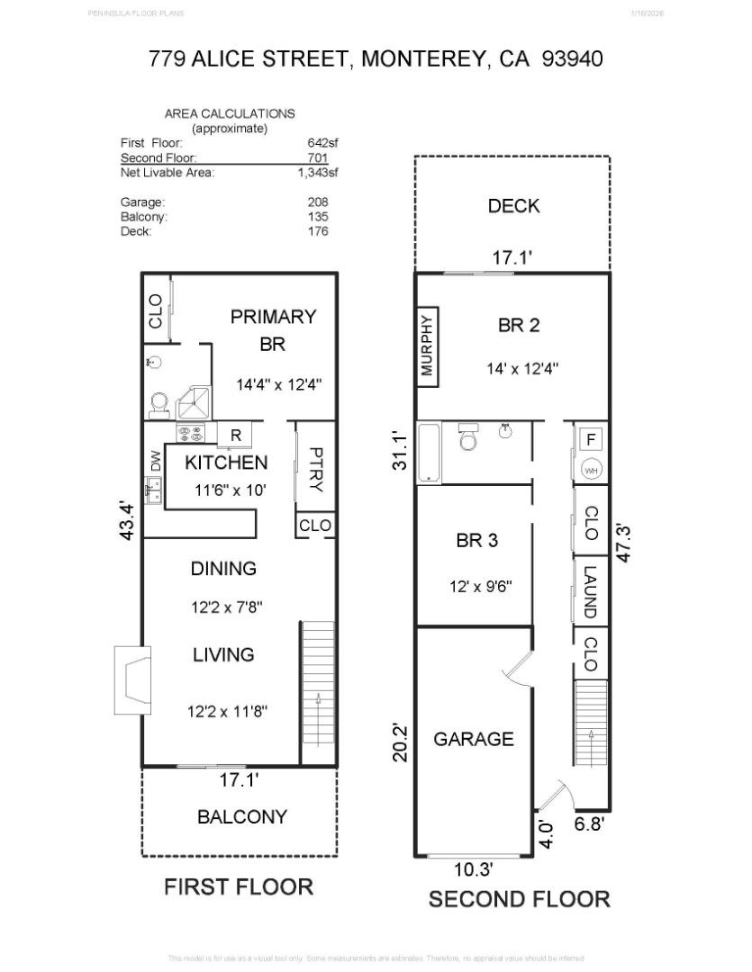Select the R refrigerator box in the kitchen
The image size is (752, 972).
point(235,436)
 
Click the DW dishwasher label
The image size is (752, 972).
point(155,462)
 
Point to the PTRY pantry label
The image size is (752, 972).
point(316,469)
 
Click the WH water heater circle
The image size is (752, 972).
point(591,470)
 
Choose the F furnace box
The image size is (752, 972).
point(592,440)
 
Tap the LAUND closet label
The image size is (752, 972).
point(590,590)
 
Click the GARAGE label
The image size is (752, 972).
point(474,739)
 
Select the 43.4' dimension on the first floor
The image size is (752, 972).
point(127,521)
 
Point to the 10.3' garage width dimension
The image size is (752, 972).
point(473,869)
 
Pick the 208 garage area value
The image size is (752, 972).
point(317,202)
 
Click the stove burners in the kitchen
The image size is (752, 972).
point(190,436)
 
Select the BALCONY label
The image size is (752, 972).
point(242,817)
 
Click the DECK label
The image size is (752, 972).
point(513,206)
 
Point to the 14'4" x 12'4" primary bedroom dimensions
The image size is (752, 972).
point(279,384)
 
